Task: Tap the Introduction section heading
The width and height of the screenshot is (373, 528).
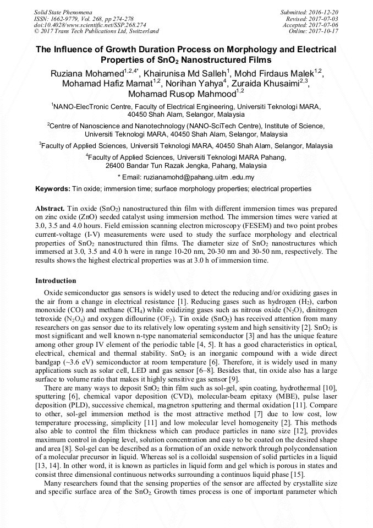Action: pyautogui.click(x=56, y=281)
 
